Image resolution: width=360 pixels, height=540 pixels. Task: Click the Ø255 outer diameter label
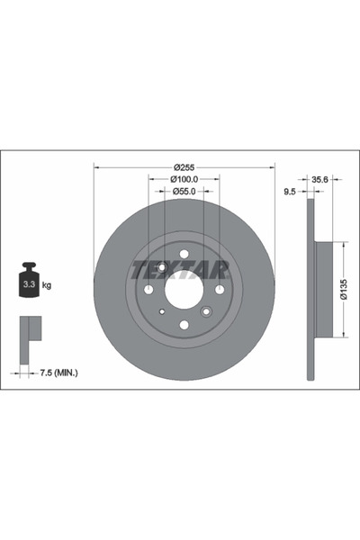(184, 167)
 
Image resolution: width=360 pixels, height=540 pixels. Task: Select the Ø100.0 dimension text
(184, 179)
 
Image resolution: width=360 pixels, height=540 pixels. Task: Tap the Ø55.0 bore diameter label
(184, 192)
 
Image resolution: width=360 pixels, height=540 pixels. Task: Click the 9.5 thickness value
(290, 192)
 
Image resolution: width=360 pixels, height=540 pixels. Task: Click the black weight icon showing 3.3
(29, 282)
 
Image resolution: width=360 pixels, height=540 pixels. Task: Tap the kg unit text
(47, 285)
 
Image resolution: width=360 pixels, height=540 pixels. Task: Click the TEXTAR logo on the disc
(184, 266)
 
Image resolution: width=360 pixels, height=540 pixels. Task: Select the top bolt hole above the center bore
(184, 255)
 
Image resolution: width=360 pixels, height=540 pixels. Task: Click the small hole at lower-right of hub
(206, 311)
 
